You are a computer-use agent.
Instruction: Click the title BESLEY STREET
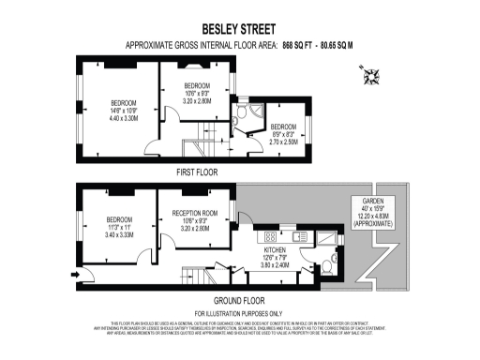click(239, 28)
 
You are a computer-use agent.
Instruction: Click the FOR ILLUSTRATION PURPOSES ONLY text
click(238, 312)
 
